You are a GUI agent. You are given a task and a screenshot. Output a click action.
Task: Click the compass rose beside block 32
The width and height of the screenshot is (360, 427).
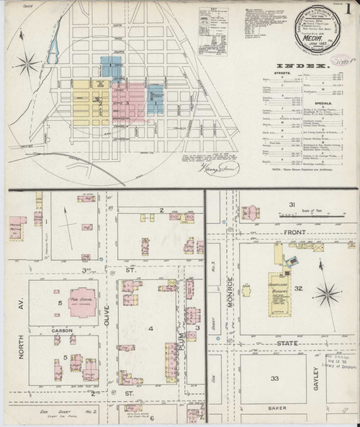click(329, 292)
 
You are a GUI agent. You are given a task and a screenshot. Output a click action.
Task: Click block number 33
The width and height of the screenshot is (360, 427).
click(274, 378)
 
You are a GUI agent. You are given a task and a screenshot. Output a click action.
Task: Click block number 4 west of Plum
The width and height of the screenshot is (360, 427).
click(150, 328)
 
